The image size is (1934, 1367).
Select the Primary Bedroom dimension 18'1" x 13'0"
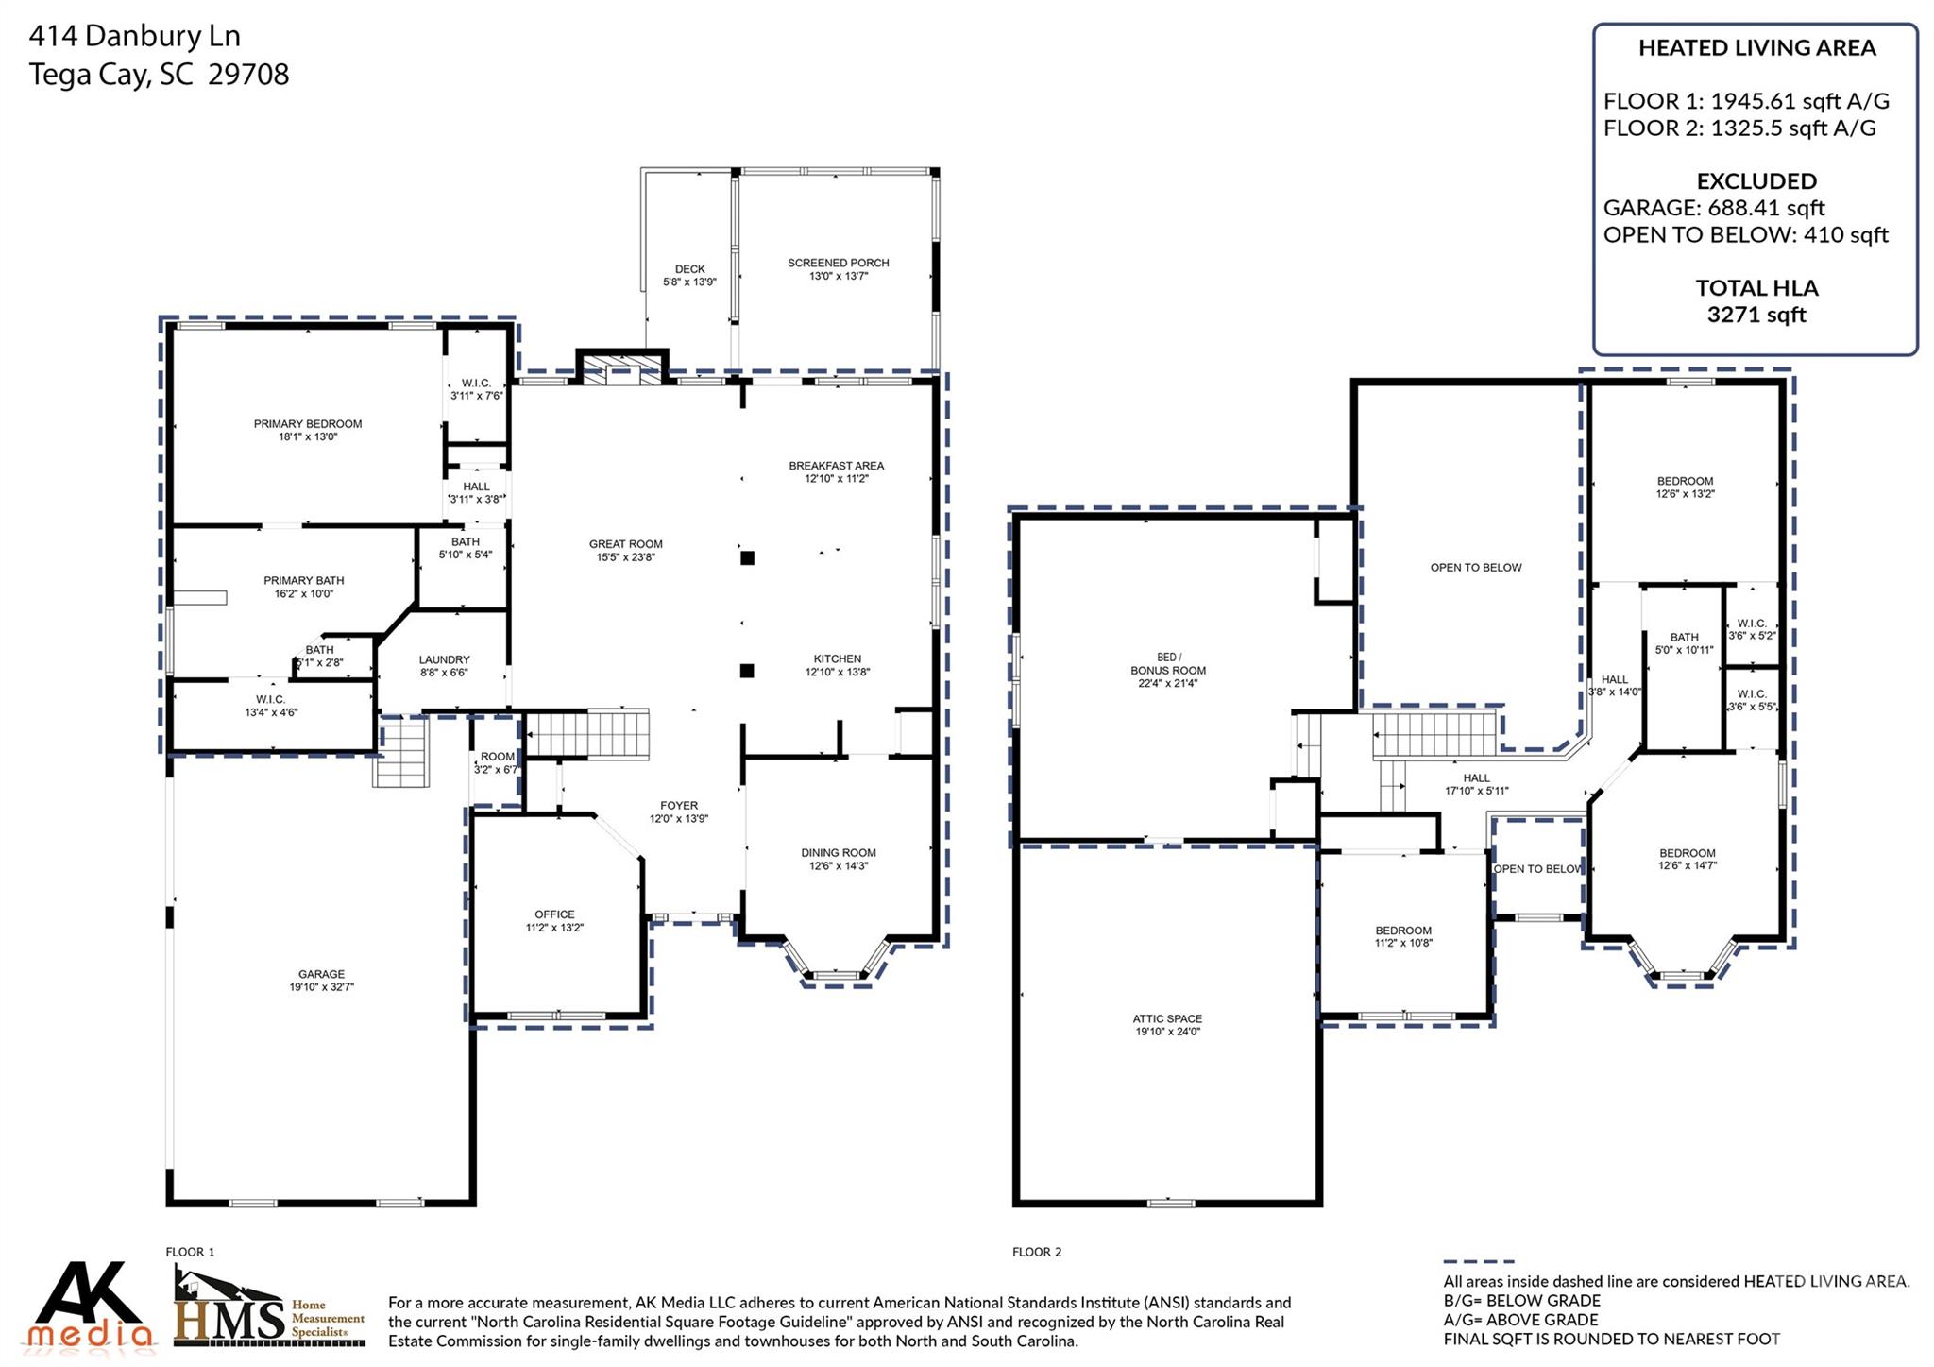click(308, 437)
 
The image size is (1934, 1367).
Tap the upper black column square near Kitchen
click(747, 558)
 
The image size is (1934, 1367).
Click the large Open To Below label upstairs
click(1475, 568)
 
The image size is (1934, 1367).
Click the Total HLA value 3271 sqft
click(1756, 316)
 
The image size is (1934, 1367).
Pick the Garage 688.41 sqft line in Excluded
click(1713, 208)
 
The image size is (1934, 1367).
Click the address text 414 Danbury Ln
click(135, 36)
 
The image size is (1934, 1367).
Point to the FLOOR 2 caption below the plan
click(1036, 1252)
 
